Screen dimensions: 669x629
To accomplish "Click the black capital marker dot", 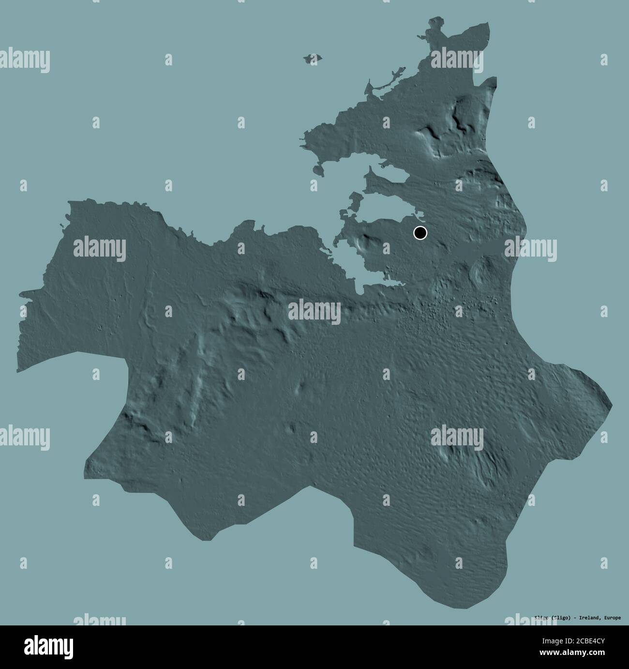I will pos(420,233).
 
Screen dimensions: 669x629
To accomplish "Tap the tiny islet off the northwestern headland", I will pos(317,170).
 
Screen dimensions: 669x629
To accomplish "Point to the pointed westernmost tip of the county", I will pos(21,293).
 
